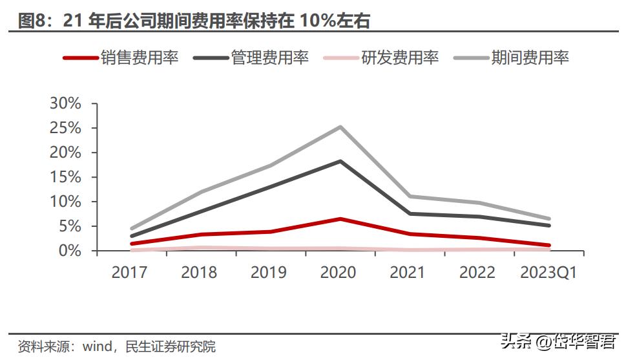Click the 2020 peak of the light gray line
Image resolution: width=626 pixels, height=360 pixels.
coord(340,127)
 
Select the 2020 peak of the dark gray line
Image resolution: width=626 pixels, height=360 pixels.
coord(340,161)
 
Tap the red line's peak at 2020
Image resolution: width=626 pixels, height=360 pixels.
coord(340,219)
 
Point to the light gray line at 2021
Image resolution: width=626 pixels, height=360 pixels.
coord(410,196)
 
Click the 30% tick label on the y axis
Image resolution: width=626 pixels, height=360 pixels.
coord(65,103)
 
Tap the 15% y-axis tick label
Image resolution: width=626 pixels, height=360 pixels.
coord(65,177)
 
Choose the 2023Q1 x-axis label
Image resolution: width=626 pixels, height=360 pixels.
coord(548,272)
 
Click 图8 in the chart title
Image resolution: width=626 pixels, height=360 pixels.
coord(32,21)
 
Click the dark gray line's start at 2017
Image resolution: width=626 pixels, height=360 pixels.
coord(132,236)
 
